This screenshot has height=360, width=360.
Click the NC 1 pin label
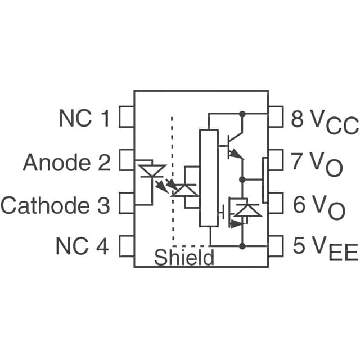[x=85, y=119]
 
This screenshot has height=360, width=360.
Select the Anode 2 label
[x=66, y=163]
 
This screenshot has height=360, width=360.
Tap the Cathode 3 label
[x=55, y=205]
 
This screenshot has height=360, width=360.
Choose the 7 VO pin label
[x=318, y=163]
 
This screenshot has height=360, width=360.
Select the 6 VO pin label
[x=318, y=206]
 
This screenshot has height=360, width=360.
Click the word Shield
[x=184, y=258]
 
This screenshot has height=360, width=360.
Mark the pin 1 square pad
[x=127, y=119]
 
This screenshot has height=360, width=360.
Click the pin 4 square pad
[x=127, y=246]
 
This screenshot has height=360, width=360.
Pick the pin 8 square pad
[x=276, y=119]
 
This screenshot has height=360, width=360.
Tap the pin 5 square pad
[x=276, y=246]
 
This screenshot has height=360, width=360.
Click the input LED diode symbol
[x=151, y=171]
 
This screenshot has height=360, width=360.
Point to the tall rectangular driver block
[x=208, y=178]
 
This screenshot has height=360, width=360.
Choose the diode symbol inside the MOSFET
[x=247, y=210]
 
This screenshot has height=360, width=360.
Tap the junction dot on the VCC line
[x=242, y=114]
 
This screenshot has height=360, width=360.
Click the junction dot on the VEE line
[x=242, y=246]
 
